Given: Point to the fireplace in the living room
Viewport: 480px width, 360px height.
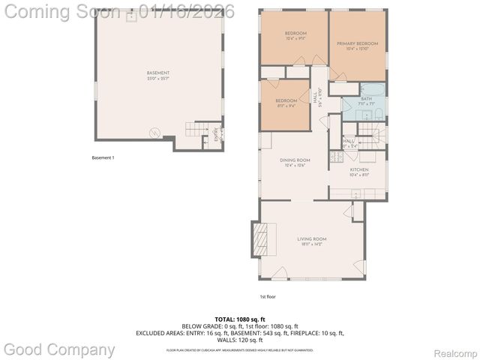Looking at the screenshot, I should coord(261,240).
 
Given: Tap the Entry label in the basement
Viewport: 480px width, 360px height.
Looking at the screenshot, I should coord(217,136).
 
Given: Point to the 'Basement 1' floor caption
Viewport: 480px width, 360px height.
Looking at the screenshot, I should coord(102,158).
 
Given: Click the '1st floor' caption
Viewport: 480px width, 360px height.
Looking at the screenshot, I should coord(268,296).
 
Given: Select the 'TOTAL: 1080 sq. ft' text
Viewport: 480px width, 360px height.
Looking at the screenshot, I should coord(239,319).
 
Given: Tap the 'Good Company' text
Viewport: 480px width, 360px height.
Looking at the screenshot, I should coord(60,349).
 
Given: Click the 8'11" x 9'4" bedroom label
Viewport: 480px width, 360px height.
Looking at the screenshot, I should coord(286,103).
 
